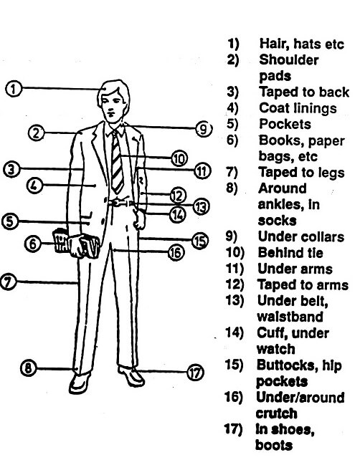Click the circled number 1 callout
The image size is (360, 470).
point(14,90)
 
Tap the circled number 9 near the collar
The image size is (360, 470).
point(203,129)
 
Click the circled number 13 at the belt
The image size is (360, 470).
point(201,206)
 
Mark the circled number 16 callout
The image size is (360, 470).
point(175,251)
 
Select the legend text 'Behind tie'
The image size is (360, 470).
point(289,252)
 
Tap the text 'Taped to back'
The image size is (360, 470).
point(303,92)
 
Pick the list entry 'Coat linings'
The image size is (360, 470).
point(297,108)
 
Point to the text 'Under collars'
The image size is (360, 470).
point(300,236)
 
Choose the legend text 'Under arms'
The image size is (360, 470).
point(294,269)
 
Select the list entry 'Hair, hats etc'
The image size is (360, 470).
point(301,44)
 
